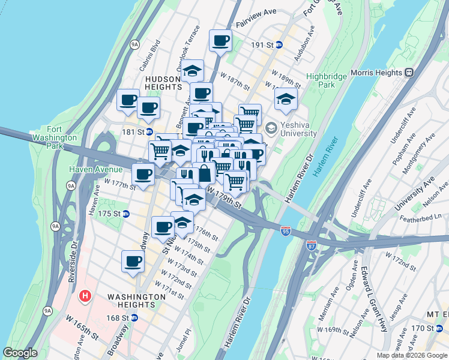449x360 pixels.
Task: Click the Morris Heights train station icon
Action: [409, 73]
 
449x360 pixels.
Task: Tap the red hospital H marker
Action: [85, 296]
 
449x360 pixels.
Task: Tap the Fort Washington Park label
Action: [62, 137]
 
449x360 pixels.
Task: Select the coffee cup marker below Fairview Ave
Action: [220, 41]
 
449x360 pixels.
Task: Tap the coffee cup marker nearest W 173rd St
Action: [133, 261]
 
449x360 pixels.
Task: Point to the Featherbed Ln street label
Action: [430, 216]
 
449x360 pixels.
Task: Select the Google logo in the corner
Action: [20, 353]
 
